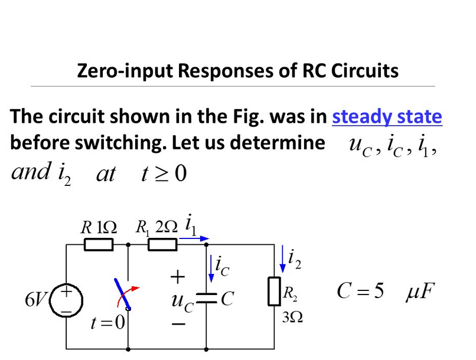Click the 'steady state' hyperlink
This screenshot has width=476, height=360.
tap(387, 116)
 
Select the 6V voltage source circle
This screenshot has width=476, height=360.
tap(67, 299)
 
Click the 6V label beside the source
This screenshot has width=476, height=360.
tap(34, 300)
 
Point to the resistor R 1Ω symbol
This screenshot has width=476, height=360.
tap(99, 244)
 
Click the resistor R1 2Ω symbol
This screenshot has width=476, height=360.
tap(162, 244)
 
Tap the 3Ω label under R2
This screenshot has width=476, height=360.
tap(292, 318)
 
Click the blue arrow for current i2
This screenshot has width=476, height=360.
tap(282, 259)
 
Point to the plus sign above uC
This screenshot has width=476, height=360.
tap(178, 276)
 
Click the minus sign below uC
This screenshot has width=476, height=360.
tap(178, 325)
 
